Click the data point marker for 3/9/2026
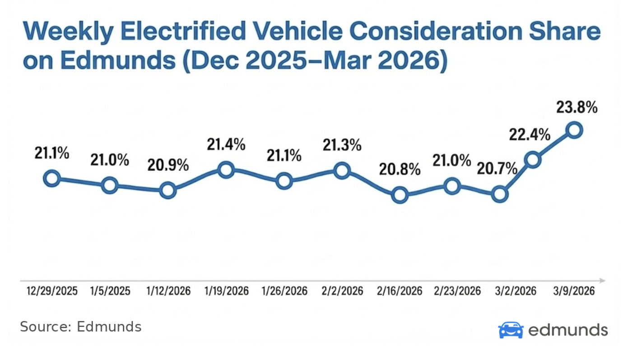pyautogui.click(x=574, y=130)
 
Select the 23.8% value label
pyautogui.click(x=577, y=108)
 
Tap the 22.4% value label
pyautogui.click(x=530, y=134)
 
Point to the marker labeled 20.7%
pyautogui.click(x=500, y=194)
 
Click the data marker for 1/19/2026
pyautogui.click(x=226, y=170)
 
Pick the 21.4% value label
pyautogui.click(x=226, y=145)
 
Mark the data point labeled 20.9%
pyautogui.click(x=167, y=190)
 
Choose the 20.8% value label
pyautogui.click(x=400, y=170)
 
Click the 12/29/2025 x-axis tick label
pyautogui.click(x=52, y=291)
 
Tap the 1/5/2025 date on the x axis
pyautogui.click(x=110, y=291)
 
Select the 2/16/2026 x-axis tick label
pyautogui.click(x=400, y=291)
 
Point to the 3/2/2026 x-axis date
pyautogui.click(x=516, y=291)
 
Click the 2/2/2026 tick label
pyautogui.click(x=342, y=291)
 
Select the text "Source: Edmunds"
pyautogui.click(x=80, y=327)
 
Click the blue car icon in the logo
pyautogui.click(x=511, y=330)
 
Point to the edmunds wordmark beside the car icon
pyautogui.click(x=567, y=330)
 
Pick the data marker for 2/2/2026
pyautogui.click(x=342, y=171)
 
